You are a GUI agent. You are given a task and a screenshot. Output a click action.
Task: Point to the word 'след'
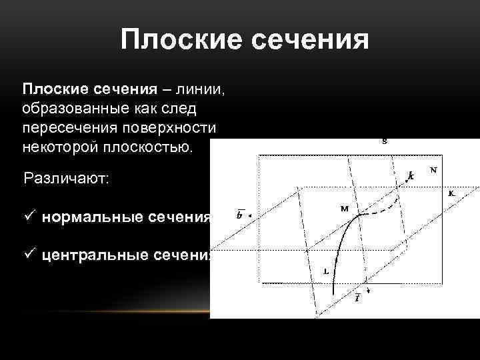tap(189, 108)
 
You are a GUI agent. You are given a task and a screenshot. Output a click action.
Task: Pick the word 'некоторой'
tap(61, 145)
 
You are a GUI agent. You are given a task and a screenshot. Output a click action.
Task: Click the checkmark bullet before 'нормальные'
tap(28, 217)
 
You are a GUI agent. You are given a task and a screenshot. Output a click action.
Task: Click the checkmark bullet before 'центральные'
tap(28, 255)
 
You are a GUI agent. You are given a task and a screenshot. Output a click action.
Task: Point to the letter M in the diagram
tap(345, 209)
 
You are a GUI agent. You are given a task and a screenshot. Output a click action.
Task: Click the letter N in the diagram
tap(434, 169)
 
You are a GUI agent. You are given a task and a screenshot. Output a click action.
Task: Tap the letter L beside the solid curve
tap(325, 271)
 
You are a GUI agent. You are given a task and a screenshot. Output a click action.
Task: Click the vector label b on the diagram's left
tap(239, 215)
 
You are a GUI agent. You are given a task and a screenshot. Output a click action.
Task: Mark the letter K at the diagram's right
tap(451, 193)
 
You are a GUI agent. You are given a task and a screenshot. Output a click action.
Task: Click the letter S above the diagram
tap(385, 141)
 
